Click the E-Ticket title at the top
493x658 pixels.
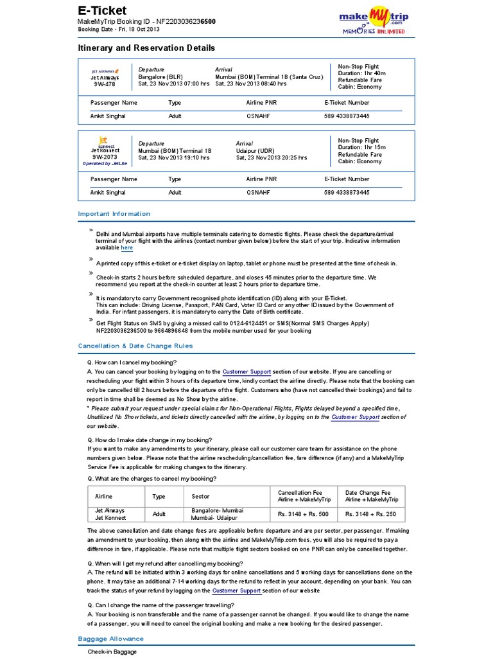click(102, 10)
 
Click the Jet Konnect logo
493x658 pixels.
click(103, 141)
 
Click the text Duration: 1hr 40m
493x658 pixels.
click(361, 73)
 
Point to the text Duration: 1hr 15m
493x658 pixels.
click(361, 147)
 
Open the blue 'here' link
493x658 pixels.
click(127, 247)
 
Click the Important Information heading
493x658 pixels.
click(114, 214)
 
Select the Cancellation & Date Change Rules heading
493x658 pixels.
click(135, 346)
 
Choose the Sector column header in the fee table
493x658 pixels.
click(200, 497)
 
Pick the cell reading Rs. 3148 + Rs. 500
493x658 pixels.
click(303, 514)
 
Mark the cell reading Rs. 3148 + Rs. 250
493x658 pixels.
click(370, 514)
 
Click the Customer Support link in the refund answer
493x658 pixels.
click(236, 590)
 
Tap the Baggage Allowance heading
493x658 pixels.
click(110, 639)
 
